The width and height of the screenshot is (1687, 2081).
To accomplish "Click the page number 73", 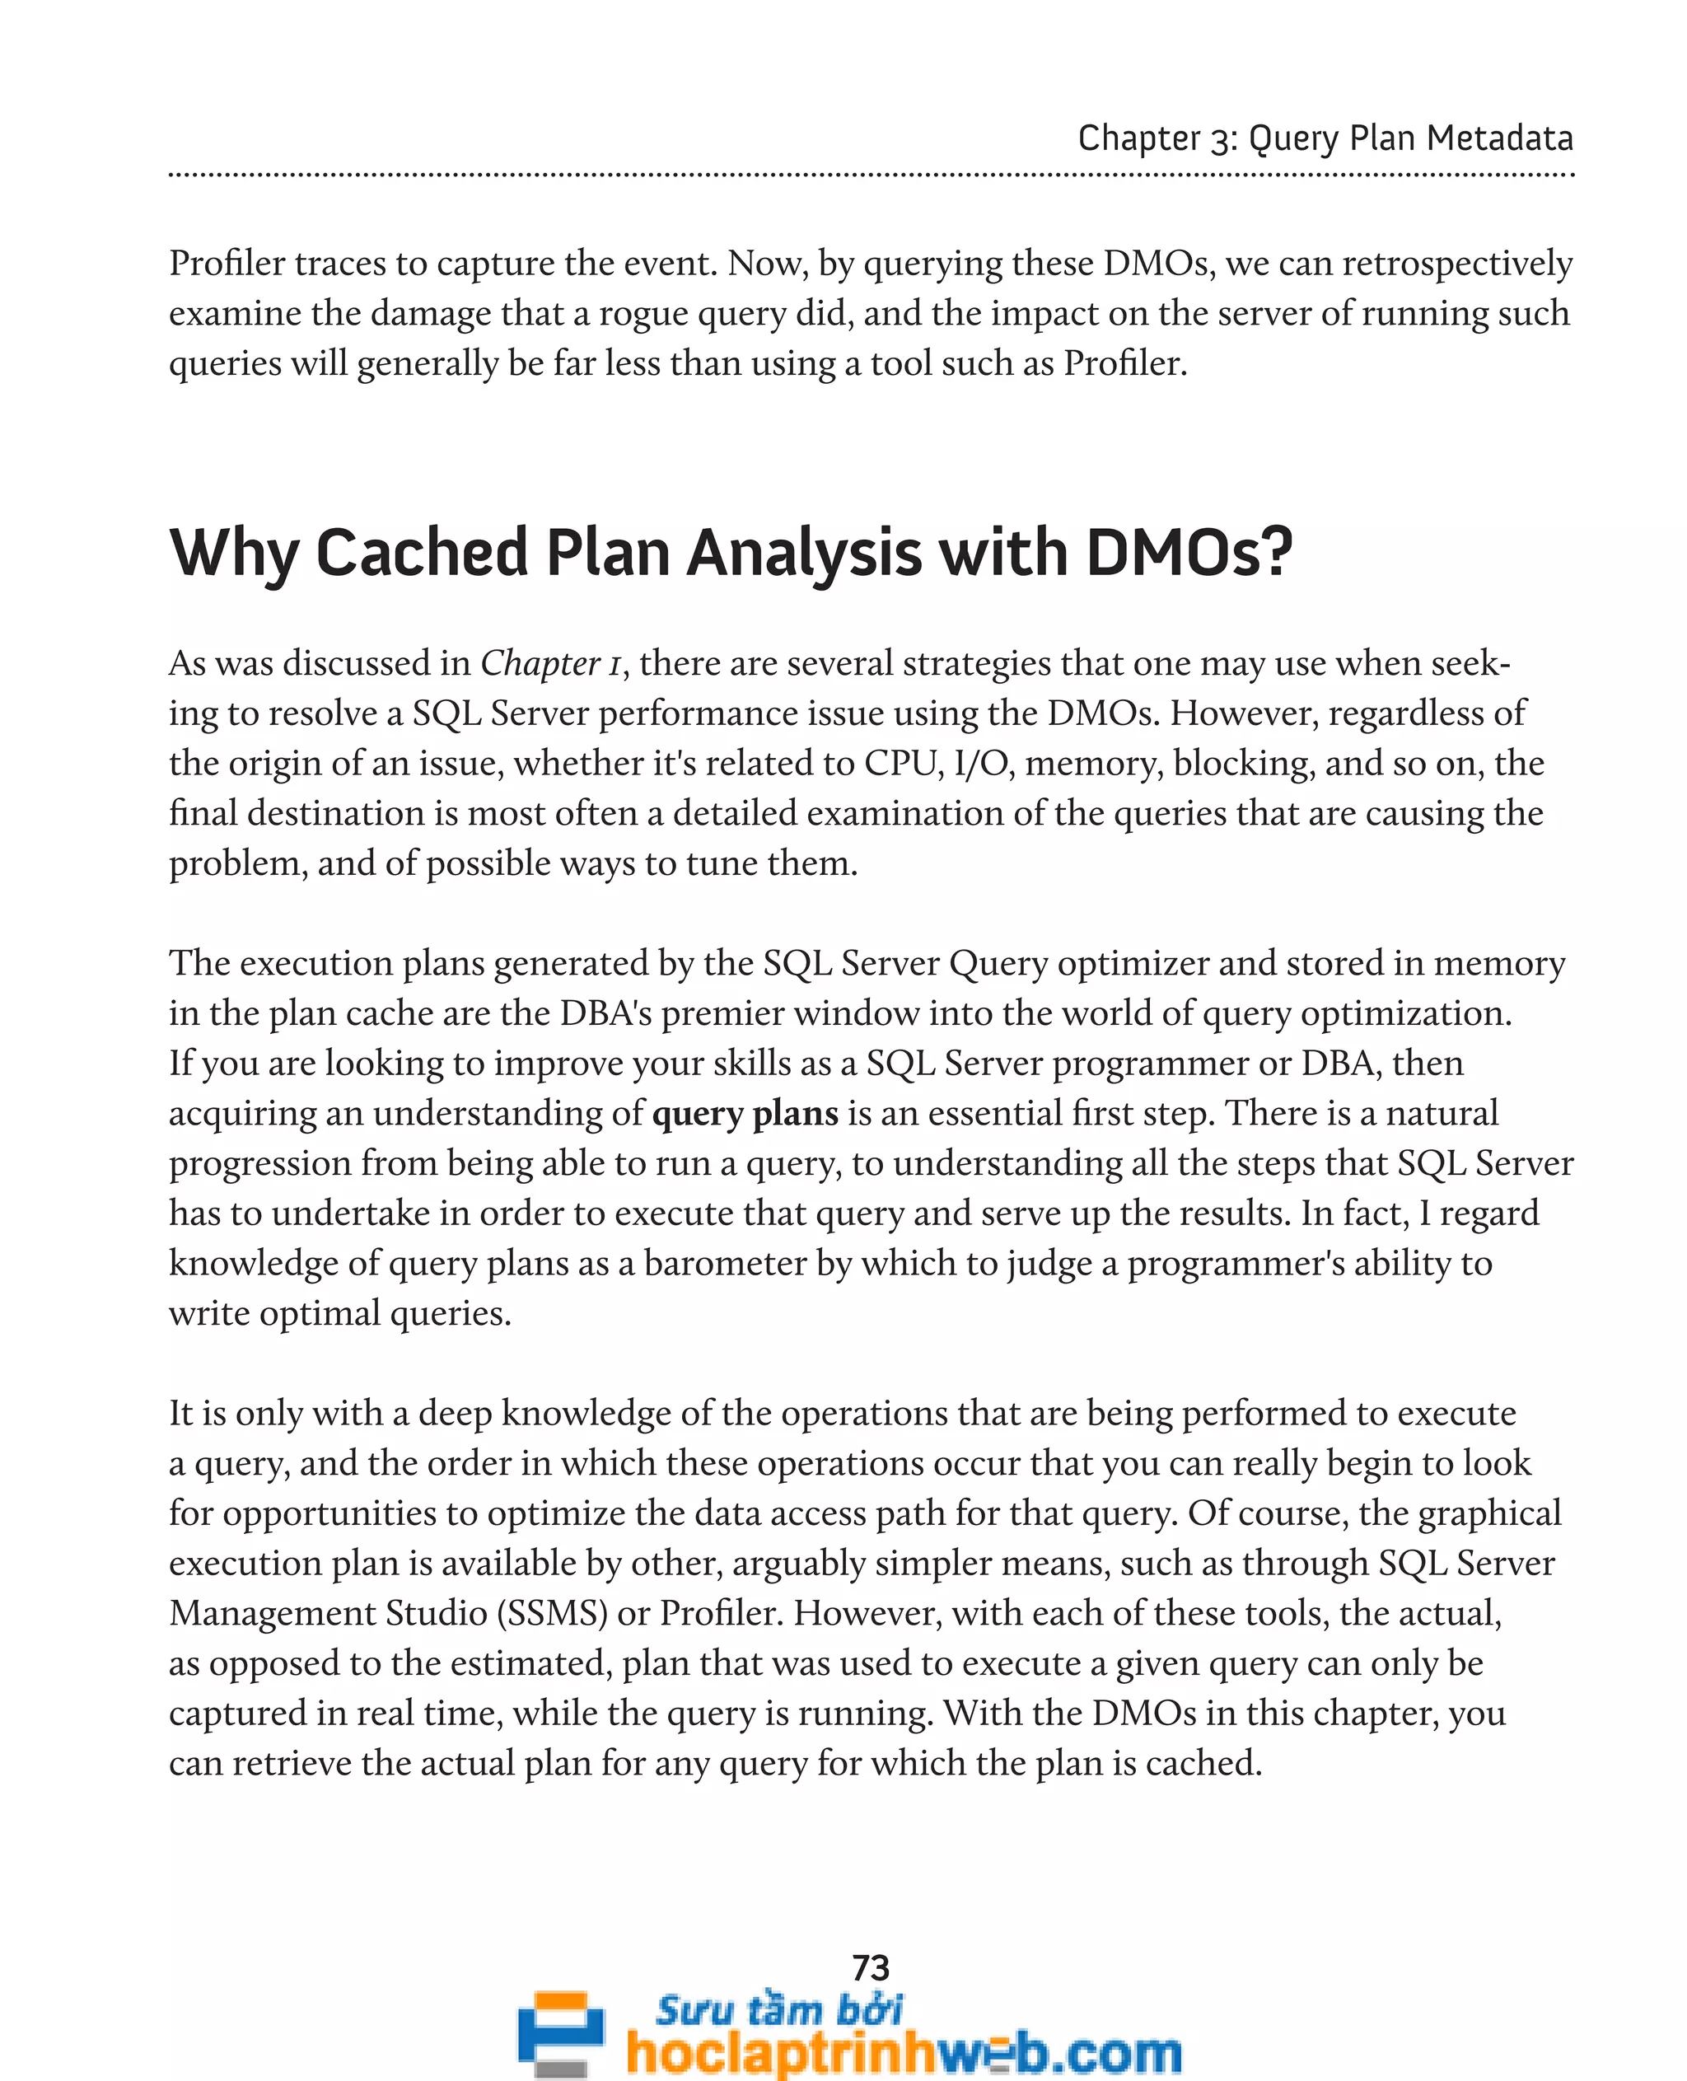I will coord(870,1968).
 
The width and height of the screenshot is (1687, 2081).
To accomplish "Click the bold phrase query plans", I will coord(745,1113).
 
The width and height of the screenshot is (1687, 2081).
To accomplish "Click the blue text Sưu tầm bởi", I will coord(778,2009).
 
